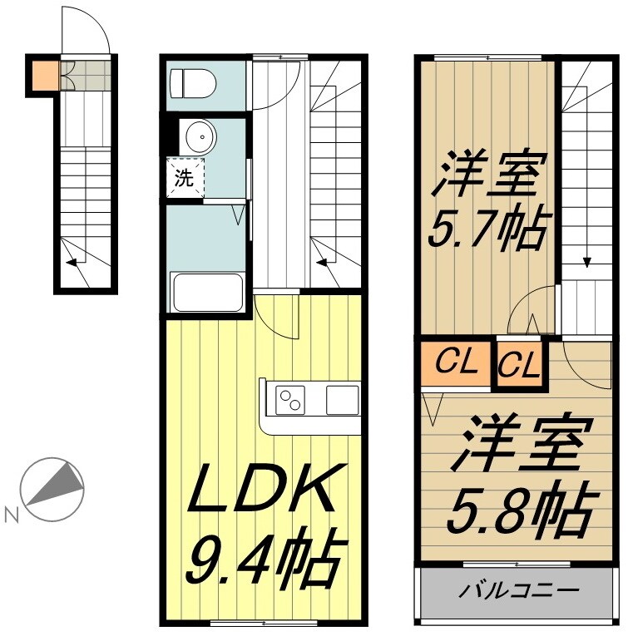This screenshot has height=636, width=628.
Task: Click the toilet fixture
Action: tap(192, 84)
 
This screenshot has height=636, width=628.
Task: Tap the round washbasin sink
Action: tap(199, 137)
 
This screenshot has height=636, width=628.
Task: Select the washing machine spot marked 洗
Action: tap(184, 176)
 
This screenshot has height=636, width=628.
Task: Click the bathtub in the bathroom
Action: tap(206, 292)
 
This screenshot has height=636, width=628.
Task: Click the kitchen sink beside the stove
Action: tap(341, 400)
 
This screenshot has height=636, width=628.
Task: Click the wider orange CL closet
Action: tap(456, 362)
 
